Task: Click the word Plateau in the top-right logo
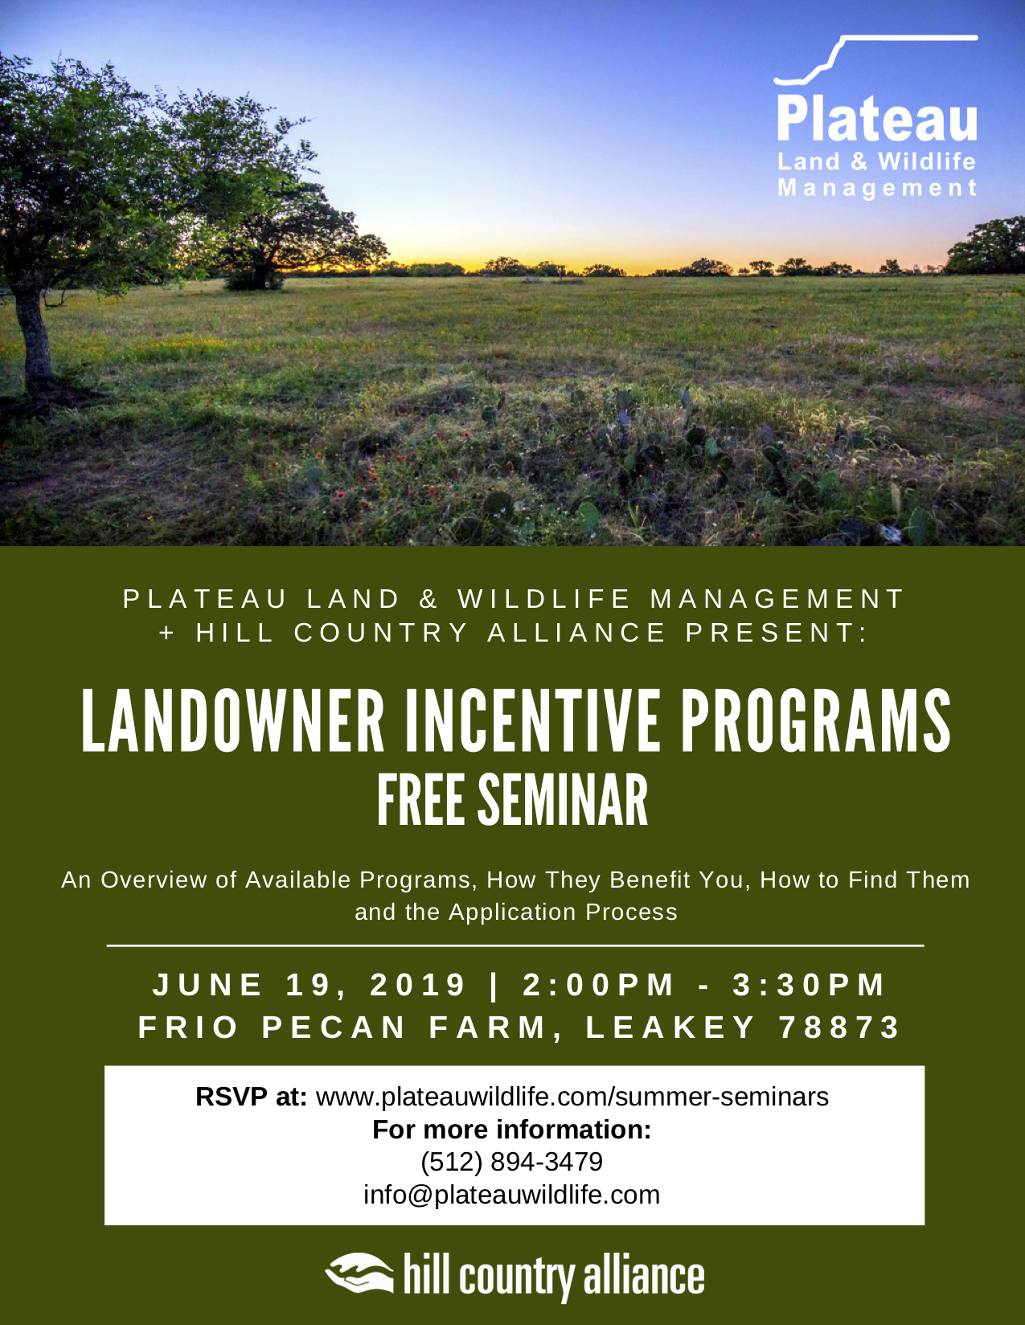pos(877,119)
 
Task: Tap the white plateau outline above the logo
pos(875,59)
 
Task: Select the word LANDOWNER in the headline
pos(233,720)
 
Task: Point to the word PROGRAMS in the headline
pos(814,720)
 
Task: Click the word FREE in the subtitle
pos(420,800)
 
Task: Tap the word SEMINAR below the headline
pos(563,800)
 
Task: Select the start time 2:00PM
pos(598,985)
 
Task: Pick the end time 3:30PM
pos(809,985)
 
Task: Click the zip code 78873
pos(840,1028)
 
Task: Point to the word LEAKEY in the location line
pos(671,1028)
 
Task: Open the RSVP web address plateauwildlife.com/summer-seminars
pos(572,1097)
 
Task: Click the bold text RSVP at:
pos(251,1097)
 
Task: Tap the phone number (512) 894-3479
pos(512,1162)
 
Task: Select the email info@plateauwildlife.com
pos(512,1195)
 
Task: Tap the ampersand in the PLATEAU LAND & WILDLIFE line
pos(428,600)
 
